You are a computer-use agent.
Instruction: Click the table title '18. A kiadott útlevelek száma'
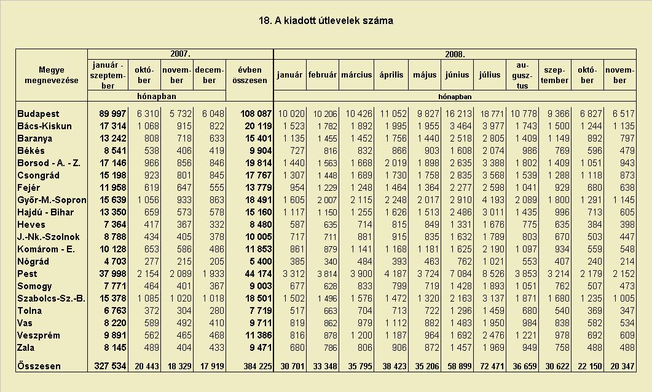326,20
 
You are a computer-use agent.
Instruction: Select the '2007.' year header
180,54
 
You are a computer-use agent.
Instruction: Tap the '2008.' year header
455,54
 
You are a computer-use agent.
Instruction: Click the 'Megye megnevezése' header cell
52,75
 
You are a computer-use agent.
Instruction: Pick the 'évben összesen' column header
249,75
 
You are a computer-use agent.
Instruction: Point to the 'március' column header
356,75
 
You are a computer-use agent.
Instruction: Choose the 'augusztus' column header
522,76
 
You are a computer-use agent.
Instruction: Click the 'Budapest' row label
38,114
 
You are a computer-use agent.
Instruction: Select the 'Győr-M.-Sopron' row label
52,200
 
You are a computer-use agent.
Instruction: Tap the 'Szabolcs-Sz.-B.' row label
52,298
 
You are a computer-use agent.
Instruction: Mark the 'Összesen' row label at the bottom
39,366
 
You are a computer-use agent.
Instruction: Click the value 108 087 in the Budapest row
256,114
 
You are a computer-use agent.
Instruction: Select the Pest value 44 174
258,274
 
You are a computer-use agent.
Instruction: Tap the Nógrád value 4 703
112,262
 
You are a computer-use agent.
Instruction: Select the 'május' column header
425,75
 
